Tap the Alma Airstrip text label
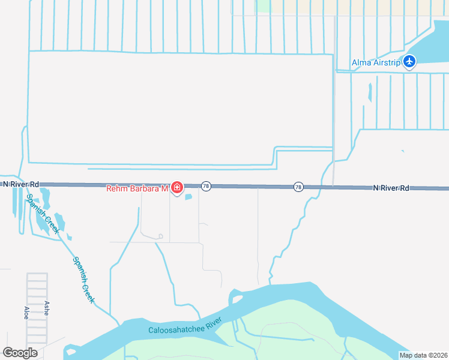pos(375,62)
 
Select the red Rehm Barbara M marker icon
pos(176,188)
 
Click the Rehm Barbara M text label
pos(137,188)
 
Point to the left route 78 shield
pos(206,187)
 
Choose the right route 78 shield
pos(298,187)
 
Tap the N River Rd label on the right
pos(391,188)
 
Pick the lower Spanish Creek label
pos(83,280)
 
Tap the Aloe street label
pos(26,312)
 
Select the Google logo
pos(20,352)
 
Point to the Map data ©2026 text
pos(423,355)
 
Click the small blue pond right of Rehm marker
pos(188,196)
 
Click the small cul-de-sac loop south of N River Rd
pos(159,236)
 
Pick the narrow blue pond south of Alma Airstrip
pos(370,92)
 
